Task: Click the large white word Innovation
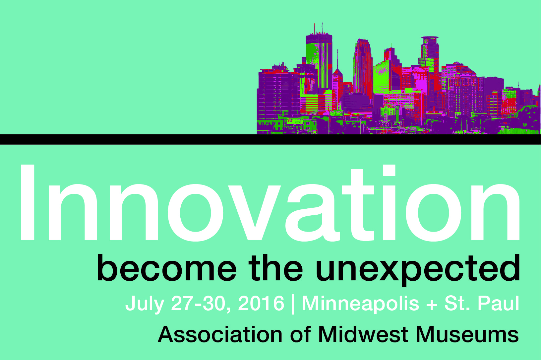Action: pyautogui.click(x=270, y=203)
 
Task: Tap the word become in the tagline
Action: pyautogui.click(x=167, y=268)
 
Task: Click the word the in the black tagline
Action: pyautogui.click(x=275, y=268)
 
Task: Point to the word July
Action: pyautogui.click(x=145, y=304)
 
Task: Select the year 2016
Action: pyautogui.click(x=261, y=303)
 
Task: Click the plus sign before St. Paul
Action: pyautogui.click(x=432, y=305)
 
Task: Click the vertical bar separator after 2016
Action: pyautogui.click(x=293, y=304)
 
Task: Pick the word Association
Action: pyautogui.click(x=220, y=334)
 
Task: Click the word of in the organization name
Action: pyautogui.click(x=300, y=334)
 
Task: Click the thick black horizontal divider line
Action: pyautogui.click(x=270, y=139)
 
